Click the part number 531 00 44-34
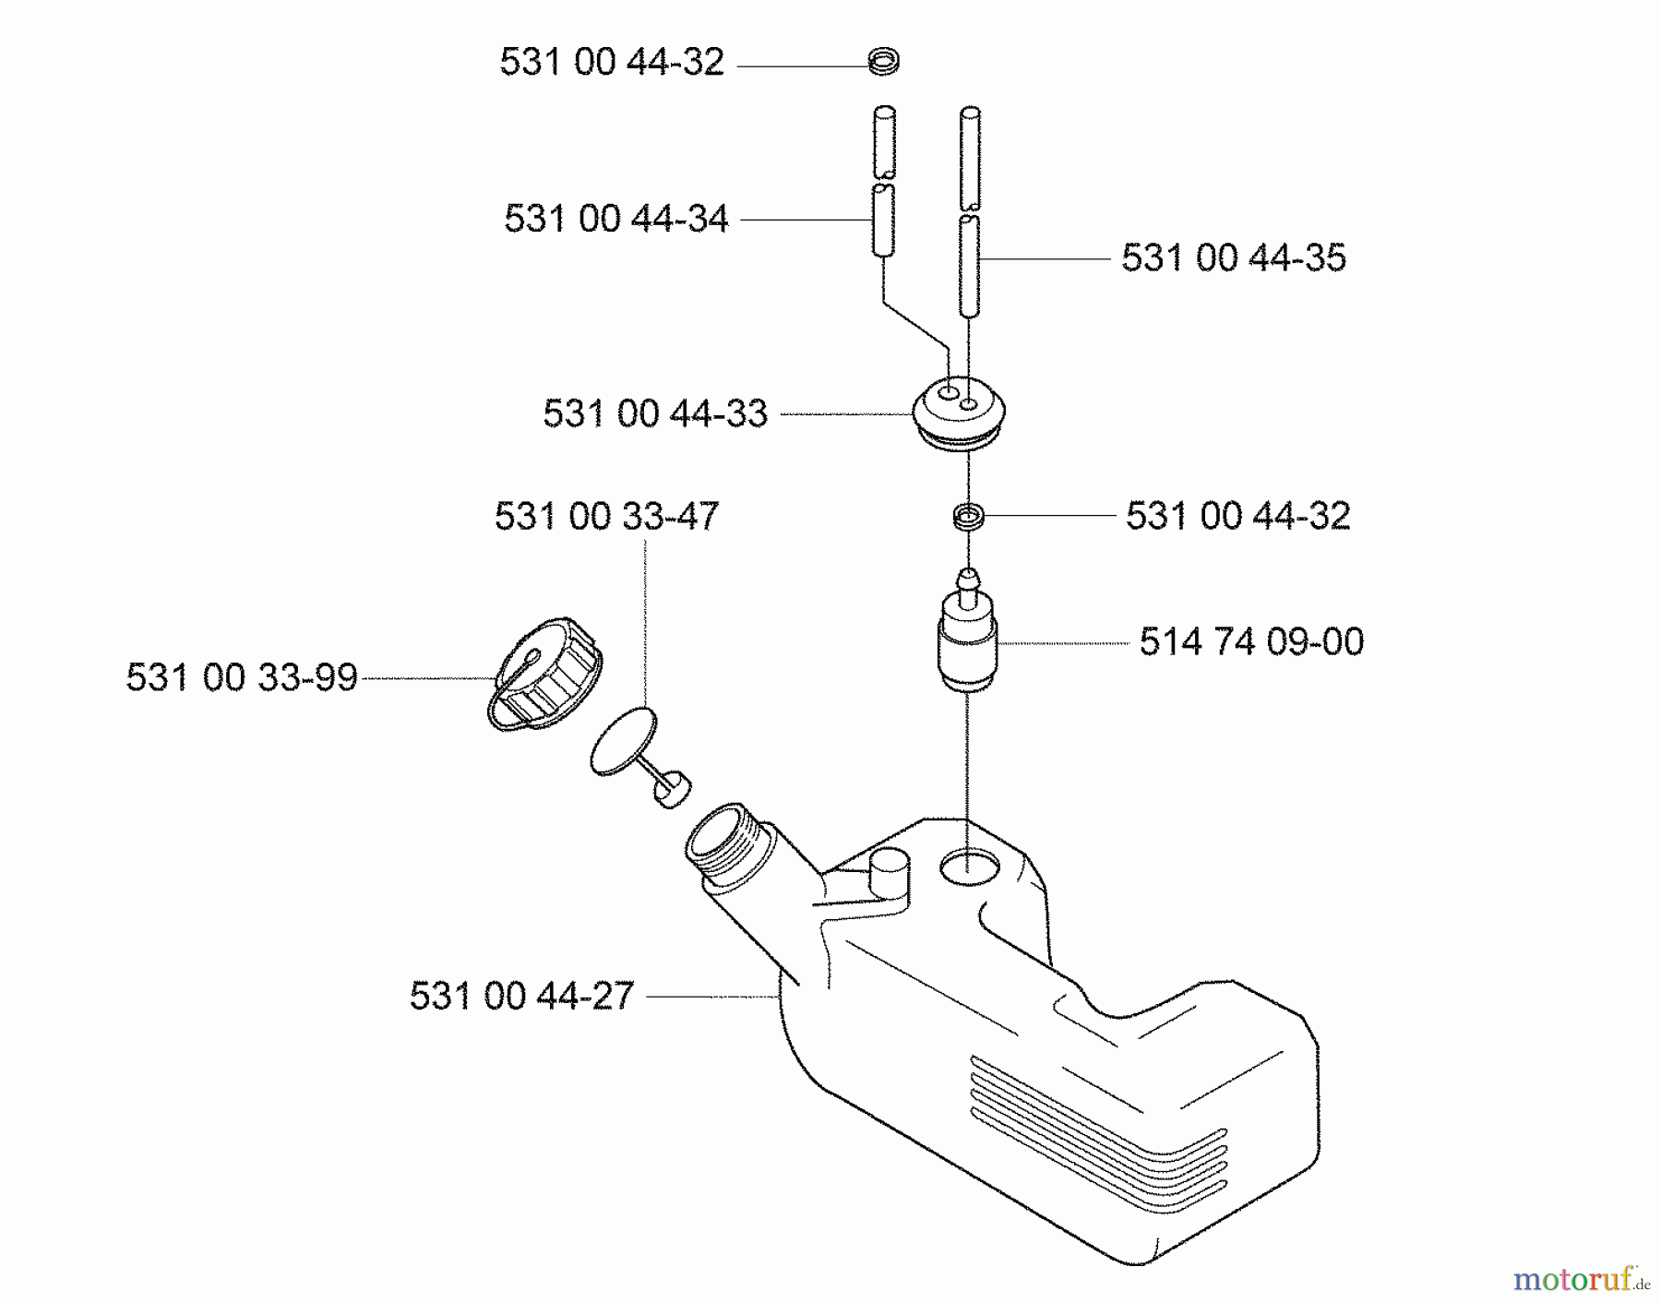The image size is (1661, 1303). (x=615, y=220)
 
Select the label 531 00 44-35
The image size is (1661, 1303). (x=1233, y=257)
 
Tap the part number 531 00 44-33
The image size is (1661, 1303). (x=654, y=413)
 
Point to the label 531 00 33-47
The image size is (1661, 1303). (x=605, y=516)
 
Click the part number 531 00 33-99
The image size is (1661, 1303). (x=242, y=677)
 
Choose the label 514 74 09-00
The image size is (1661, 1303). (x=1250, y=642)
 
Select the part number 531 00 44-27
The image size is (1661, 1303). (x=521, y=996)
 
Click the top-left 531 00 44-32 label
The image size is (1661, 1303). (x=612, y=63)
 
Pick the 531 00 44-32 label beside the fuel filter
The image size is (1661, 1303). (x=1237, y=516)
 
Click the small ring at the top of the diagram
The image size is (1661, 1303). (x=883, y=63)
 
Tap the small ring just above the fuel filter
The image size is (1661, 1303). (x=968, y=517)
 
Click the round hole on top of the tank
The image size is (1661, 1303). (x=969, y=866)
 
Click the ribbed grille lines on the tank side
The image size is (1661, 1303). (x=1098, y=1130)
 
